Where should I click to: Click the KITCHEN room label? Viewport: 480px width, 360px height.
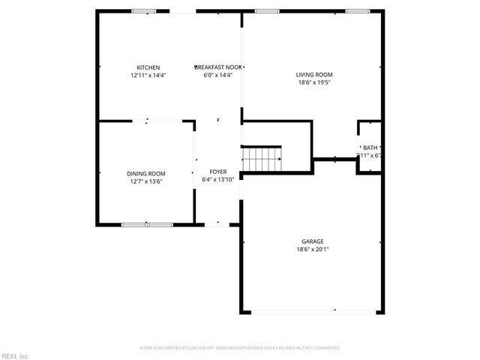tap(148, 67)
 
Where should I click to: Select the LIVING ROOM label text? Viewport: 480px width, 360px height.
tap(314, 74)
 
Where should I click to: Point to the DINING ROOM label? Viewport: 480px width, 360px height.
tap(145, 173)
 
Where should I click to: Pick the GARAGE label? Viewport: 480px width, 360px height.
tap(313, 241)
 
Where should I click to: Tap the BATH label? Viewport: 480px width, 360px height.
tap(370, 148)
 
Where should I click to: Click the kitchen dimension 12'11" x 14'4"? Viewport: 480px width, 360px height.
tap(148, 75)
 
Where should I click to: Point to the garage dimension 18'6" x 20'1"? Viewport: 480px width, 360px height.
tap(313, 249)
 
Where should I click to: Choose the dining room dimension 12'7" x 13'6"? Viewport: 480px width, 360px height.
tap(145, 181)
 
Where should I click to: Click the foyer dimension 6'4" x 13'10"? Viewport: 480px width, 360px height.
tap(218, 179)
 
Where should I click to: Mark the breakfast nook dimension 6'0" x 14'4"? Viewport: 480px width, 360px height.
tap(218, 75)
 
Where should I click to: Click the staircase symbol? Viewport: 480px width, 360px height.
tap(261, 159)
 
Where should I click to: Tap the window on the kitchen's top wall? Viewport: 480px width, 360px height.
tap(143, 11)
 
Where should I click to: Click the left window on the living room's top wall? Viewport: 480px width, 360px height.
tap(266, 11)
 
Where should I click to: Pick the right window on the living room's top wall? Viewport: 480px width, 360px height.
tap(358, 11)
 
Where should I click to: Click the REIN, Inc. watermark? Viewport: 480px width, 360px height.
tap(15, 355)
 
